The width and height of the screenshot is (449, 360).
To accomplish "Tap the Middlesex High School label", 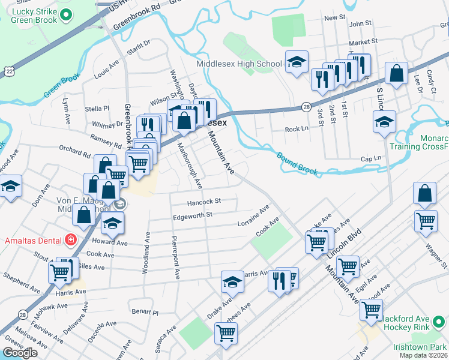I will coord(239,64).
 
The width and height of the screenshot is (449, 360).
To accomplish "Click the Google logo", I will coord(20,353).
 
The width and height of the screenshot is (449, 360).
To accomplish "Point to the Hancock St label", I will coord(205,202).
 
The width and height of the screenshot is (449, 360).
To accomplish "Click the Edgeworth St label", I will coord(193,215).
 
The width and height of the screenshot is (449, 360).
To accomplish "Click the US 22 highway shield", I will coord(8,71).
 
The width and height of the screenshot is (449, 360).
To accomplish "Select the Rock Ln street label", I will coord(296,129).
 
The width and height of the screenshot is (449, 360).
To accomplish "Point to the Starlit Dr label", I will coord(138,46).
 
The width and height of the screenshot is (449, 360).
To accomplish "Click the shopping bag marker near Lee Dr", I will coord(397,74).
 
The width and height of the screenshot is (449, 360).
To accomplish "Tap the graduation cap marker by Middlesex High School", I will coord(297,62).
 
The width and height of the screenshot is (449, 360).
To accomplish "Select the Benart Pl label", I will coord(145,312).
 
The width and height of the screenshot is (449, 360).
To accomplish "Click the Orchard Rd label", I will coord(74,151).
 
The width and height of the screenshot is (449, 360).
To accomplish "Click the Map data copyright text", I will coord(423,355).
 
